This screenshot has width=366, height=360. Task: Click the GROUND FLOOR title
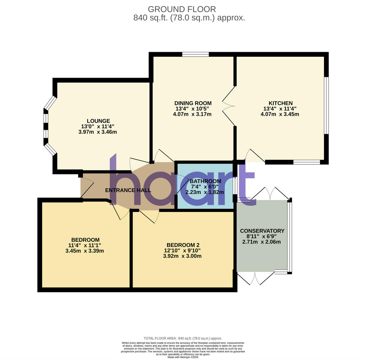tap(182, 9)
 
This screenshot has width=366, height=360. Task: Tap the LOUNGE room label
tap(98, 121)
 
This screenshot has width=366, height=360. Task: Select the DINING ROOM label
tap(193, 103)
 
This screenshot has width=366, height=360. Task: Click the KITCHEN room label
tap(280, 103)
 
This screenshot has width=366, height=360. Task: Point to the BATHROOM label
tap(205, 181)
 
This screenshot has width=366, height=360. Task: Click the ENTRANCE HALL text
tap(128, 191)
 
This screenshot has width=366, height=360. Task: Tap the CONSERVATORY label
tap(262, 231)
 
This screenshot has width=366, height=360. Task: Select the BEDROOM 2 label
tap(183, 245)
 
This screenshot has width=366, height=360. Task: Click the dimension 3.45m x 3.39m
tap(84, 251)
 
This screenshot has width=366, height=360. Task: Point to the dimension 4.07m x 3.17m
tap(192, 114)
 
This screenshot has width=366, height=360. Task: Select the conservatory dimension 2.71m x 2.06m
tap(261, 242)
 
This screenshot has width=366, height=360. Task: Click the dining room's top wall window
tap(196, 54)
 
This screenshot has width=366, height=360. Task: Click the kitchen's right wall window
tap(326, 105)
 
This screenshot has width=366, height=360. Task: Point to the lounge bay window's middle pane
tap(46, 126)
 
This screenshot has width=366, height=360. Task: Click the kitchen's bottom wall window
tap(307, 162)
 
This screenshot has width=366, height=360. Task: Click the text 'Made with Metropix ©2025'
tap(183, 357)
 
